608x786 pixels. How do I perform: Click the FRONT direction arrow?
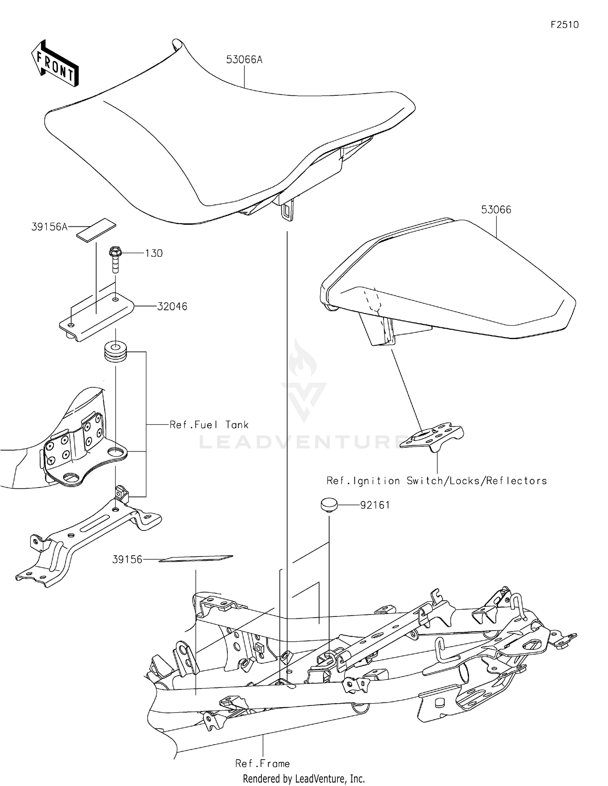55,64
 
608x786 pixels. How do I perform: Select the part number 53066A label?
244,60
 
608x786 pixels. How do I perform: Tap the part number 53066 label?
496,210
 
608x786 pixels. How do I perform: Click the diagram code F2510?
564,25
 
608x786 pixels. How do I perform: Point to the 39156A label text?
49,227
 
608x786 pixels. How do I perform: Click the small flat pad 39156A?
96,230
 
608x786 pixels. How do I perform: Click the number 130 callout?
154,253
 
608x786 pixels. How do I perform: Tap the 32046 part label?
172,306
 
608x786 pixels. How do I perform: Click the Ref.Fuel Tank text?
209,425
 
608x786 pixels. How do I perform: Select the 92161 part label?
375,505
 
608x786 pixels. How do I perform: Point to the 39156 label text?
127,560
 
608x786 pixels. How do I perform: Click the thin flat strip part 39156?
196,558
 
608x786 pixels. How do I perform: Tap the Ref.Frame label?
262,764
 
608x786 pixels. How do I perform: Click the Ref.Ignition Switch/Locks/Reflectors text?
437,481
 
